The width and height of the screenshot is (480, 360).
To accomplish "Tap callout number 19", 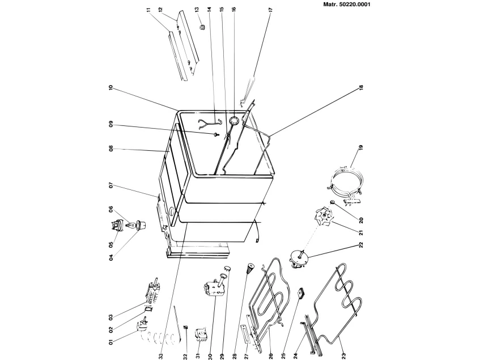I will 361,151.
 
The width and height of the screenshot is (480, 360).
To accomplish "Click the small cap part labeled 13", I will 201,27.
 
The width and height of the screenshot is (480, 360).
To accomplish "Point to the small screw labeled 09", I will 216,134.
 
